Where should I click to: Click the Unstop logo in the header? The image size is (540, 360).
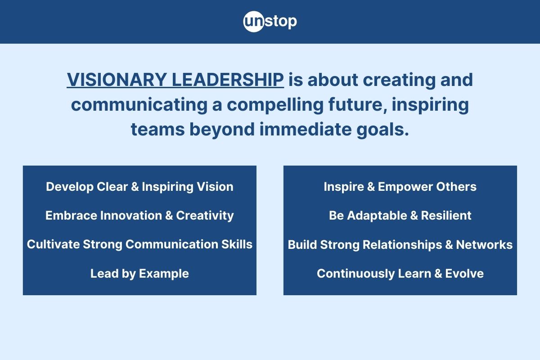point(270,22)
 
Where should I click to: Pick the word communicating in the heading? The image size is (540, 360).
point(139,105)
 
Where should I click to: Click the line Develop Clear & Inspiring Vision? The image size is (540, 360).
point(139,187)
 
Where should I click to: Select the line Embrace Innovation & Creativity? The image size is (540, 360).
point(139,216)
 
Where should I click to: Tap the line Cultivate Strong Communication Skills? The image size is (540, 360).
point(139,244)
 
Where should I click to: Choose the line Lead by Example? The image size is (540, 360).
point(139,274)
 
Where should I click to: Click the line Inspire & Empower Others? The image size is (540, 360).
point(400,187)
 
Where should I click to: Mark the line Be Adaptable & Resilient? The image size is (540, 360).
point(400,216)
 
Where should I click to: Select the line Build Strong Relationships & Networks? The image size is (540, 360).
point(400,245)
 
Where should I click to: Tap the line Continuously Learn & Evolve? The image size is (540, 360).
point(400,274)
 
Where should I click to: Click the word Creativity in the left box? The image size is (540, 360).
point(205,216)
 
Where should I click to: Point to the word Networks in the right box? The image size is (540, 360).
point(484,245)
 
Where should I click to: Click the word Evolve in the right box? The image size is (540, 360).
point(464,274)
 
